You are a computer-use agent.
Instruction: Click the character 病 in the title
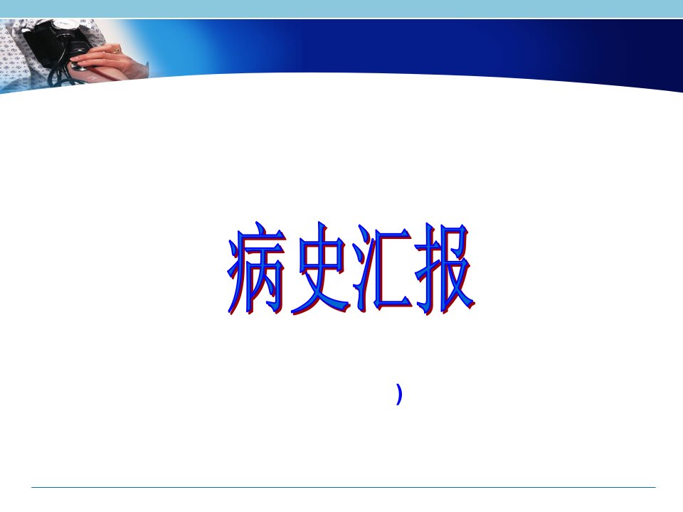[x=255, y=268]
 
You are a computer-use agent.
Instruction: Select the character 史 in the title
[x=321, y=268]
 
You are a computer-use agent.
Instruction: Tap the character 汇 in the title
[x=383, y=268]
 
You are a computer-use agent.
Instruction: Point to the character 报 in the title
[x=444, y=268]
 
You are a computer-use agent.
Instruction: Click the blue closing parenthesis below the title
[x=399, y=393]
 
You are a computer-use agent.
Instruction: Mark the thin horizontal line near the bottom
[x=343, y=487]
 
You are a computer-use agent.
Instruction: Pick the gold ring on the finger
[x=116, y=51]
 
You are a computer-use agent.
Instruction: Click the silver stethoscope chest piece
[x=78, y=66]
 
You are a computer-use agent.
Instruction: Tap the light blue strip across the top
[x=341, y=9]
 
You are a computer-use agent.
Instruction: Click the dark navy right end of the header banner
[x=649, y=52]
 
